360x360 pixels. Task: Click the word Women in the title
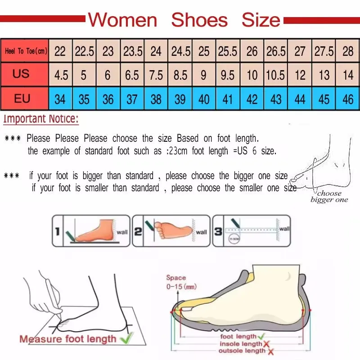[122, 20]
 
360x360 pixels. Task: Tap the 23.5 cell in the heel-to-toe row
[133, 51]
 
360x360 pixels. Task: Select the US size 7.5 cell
[156, 75]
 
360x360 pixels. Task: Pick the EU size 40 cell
[204, 99]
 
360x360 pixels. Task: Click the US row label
[21, 74]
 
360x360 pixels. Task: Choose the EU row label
[22, 98]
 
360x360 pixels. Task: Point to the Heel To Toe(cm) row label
[25, 51]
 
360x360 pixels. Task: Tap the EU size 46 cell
[347, 99]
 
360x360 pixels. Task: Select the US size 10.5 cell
[275, 75]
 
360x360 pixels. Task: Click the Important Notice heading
[41, 119]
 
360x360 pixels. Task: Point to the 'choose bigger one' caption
[329, 197]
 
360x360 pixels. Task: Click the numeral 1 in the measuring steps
[57, 232]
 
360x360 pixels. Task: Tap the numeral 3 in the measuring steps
[217, 232]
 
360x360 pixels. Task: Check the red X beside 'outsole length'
[270, 351]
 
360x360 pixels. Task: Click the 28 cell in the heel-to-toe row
[347, 51]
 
